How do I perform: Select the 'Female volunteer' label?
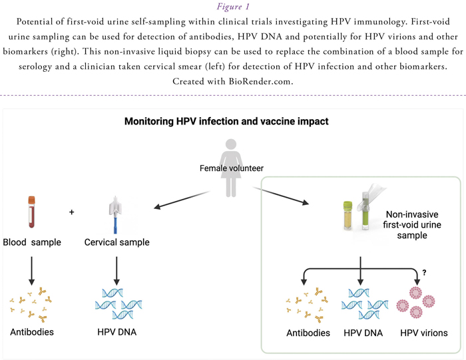[x=231, y=168]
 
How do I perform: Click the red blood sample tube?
[x=31, y=212]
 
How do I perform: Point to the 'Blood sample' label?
[x=31, y=242]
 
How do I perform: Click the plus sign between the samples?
[x=72, y=212]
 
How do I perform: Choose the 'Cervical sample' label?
[x=117, y=242]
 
